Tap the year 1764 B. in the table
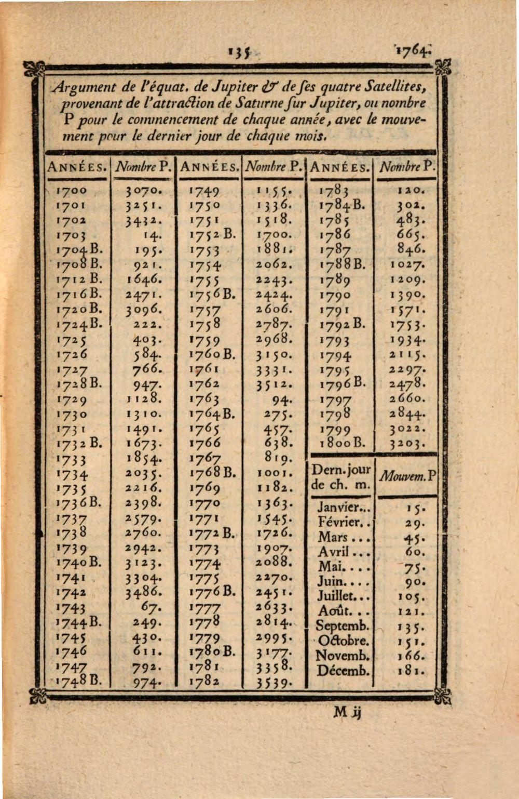212,415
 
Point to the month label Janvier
343,507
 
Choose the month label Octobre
343,641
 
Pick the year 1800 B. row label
342,444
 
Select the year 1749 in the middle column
204,191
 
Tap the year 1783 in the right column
335,191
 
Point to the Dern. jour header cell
342,477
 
